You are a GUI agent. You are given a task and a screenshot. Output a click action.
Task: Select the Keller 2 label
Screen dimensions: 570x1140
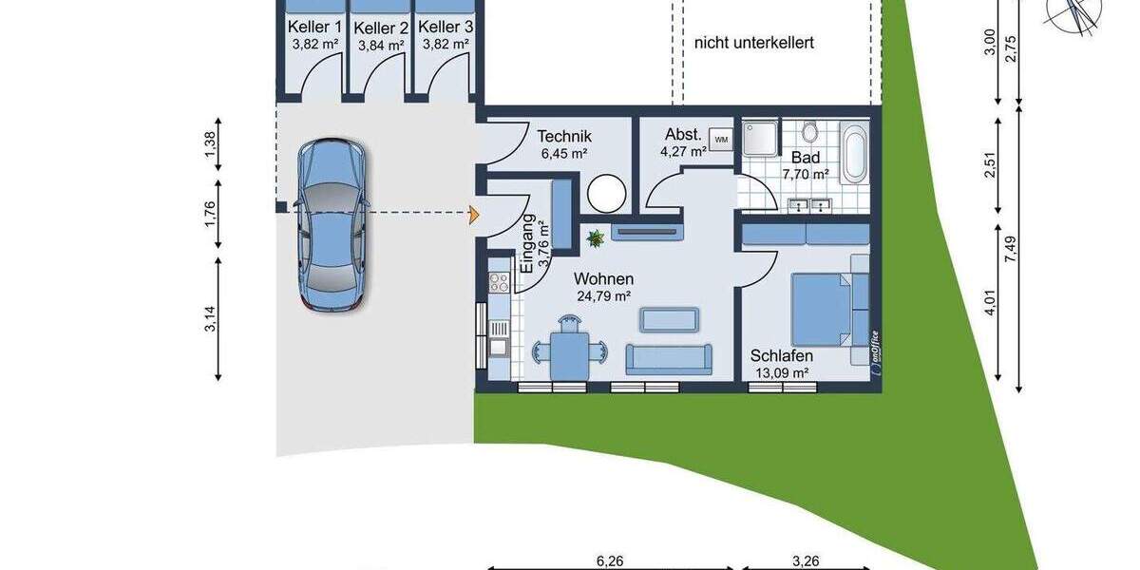381,28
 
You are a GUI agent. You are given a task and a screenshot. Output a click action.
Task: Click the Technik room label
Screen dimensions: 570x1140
563,136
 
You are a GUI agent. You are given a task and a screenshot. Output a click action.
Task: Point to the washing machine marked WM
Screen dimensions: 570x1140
721,140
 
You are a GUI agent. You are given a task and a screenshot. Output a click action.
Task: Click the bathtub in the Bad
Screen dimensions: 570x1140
853,153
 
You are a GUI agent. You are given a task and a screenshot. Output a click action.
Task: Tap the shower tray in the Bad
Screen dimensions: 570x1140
760,137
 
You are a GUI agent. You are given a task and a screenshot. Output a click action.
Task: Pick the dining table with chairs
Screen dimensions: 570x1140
568,351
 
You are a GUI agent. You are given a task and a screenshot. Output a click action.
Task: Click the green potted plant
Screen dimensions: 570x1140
596,237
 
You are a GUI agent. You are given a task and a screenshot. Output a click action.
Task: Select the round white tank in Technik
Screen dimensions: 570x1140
606,195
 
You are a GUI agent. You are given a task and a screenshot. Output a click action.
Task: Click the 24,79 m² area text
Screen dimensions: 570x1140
603,295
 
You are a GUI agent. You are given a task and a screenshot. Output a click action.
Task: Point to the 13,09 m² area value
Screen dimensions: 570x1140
781,372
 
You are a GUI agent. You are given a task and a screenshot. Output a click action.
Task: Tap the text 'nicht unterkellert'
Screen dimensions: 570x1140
753,43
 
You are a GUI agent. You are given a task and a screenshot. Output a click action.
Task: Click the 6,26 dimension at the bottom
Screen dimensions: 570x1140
609,560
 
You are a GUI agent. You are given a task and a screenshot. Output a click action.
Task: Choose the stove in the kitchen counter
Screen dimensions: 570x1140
498,281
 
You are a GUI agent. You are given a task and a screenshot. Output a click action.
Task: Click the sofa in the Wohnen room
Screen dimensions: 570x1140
667,358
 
